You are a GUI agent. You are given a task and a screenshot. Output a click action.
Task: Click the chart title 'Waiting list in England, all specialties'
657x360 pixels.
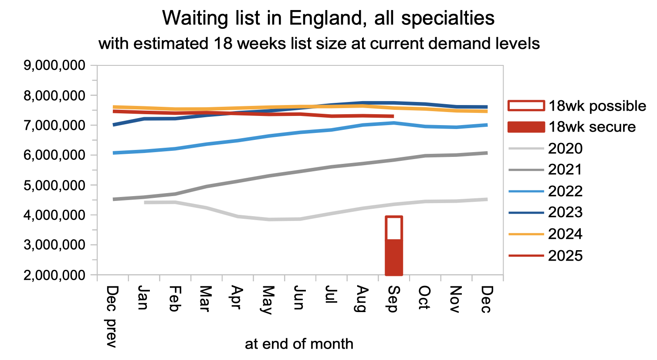(328, 18)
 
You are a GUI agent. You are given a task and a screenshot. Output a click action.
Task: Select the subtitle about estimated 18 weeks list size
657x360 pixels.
(319, 44)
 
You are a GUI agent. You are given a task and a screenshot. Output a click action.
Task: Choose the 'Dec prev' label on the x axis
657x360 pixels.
(112, 316)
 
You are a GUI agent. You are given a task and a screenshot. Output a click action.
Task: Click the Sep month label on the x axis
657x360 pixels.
(393, 299)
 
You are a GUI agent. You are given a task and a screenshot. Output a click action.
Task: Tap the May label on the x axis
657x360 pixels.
(268, 300)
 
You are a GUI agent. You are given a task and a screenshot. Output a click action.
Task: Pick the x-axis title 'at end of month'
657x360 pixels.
(299, 344)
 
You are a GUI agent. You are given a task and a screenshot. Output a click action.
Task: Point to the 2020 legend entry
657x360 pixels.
(565, 148)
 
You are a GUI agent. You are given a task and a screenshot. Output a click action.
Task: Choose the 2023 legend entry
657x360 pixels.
(565, 212)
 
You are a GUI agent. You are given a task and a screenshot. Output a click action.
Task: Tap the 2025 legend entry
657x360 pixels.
(565, 255)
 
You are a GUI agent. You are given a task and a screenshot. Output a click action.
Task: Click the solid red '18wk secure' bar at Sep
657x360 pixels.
(393, 257)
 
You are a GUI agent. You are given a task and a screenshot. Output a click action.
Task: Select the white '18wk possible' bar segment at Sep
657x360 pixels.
(393, 228)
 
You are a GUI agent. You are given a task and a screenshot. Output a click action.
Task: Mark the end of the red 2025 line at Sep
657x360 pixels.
(393, 116)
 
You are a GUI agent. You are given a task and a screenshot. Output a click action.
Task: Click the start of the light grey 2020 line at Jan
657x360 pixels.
(145, 202)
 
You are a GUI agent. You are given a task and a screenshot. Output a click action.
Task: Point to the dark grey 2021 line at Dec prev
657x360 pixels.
(114, 199)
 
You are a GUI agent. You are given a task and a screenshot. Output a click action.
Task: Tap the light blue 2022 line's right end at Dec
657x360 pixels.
(486, 125)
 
